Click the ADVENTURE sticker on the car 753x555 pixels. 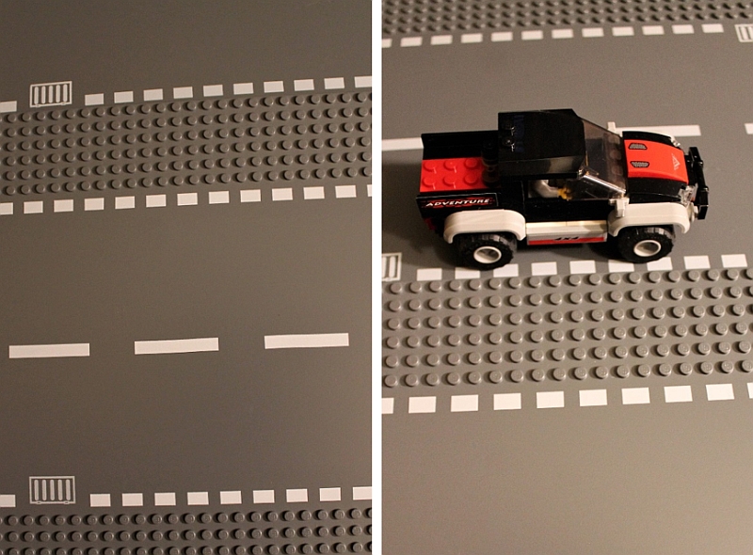pos(458,202)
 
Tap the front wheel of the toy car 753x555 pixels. pos(646,244)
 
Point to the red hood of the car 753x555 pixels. pos(655,157)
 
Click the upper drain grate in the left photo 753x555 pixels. pos(51,94)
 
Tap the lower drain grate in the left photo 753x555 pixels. pos(53,490)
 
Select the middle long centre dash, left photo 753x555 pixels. pos(176,345)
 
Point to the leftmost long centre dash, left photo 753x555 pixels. pos(49,351)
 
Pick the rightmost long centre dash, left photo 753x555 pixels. pos(307,341)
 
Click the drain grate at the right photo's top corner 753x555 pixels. pos(744,33)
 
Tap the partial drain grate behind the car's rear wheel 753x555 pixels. pos(392,267)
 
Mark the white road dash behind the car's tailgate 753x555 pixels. pos(402,144)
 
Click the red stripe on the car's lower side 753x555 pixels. pos(566,240)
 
